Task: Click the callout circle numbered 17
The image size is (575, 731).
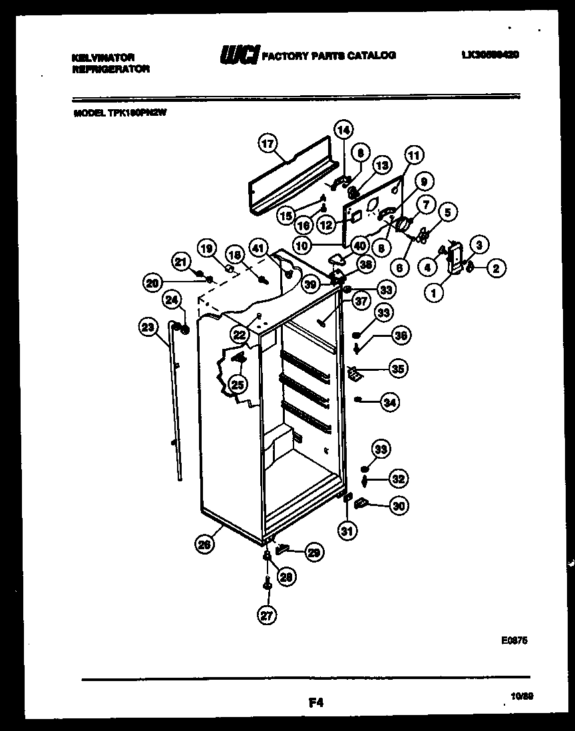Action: click(x=267, y=143)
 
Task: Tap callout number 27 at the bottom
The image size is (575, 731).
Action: click(x=267, y=616)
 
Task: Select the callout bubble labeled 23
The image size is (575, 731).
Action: click(x=149, y=326)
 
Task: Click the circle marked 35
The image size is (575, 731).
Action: click(x=398, y=368)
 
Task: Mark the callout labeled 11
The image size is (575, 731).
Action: click(x=413, y=156)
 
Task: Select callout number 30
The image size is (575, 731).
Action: click(x=399, y=506)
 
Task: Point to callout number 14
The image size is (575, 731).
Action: click(x=343, y=130)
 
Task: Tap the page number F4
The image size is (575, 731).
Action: click(x=315, y=701)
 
